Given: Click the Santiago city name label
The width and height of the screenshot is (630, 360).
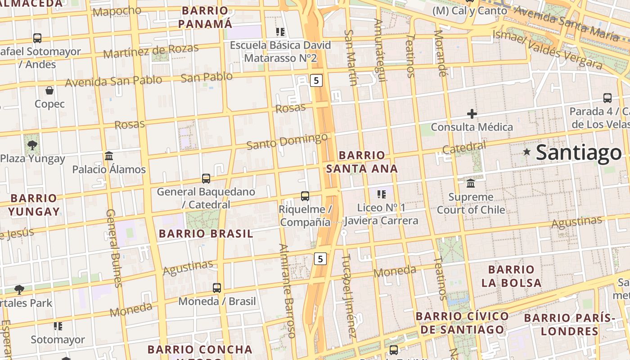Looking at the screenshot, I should (579, 153).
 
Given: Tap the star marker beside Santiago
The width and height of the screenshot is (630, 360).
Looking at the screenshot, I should (526, 152).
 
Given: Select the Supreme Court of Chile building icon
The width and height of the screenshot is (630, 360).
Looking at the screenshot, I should (471, 183).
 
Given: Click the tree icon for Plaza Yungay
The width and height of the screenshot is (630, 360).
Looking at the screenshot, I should (32, 145).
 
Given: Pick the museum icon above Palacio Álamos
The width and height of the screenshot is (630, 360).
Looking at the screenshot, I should (109, 156).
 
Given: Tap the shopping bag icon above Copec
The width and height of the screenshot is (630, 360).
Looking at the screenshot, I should (49, 90).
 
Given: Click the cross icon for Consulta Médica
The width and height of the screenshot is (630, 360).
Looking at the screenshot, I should (472, 114).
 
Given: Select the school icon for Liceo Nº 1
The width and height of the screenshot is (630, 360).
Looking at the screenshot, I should (382, 194).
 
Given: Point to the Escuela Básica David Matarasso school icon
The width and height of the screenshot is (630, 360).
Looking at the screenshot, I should (280, 32).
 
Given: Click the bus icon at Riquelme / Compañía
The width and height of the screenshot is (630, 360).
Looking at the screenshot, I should (305, 196).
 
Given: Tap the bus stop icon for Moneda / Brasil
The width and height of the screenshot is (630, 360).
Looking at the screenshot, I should (217, 288).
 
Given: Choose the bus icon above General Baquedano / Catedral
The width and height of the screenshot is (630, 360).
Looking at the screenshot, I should (206, 179).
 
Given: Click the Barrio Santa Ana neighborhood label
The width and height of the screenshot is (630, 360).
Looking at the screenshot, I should (362, 162).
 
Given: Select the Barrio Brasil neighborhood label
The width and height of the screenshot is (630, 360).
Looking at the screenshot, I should (206, 234).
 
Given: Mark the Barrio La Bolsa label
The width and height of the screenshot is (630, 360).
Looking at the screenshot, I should (511, 276).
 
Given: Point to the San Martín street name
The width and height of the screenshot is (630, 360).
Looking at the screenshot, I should (350, 57).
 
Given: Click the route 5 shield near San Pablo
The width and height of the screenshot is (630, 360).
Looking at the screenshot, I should (316, 81).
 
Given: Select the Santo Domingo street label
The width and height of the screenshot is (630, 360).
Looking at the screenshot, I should (287, 141).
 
